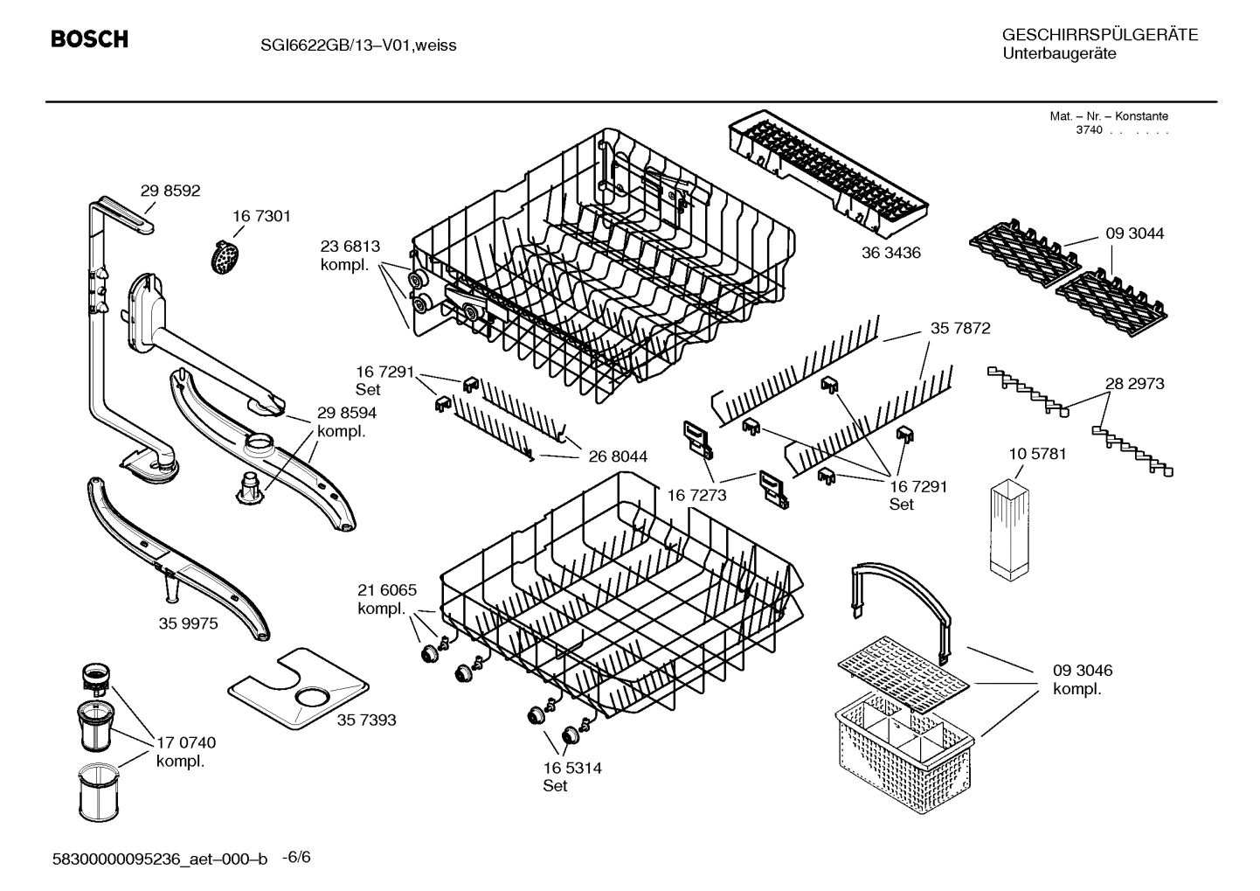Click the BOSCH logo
tap(89, 39)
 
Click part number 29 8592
tap(170, 190)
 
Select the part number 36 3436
tap(890, 253)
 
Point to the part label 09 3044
tap(1134, 233)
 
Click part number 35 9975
tap(188, 623)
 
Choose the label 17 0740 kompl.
tap(185, 751)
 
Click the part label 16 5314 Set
tap(571, 776)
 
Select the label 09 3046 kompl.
tap(1082, 679)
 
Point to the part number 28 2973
tap(1134, 383)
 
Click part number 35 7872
tap(959, 328)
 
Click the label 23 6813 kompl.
tap(350, 255)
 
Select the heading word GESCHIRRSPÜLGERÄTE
tap(1099, 35)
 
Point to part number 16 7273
tap(696, 495)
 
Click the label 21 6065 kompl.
tap(386, 599)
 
